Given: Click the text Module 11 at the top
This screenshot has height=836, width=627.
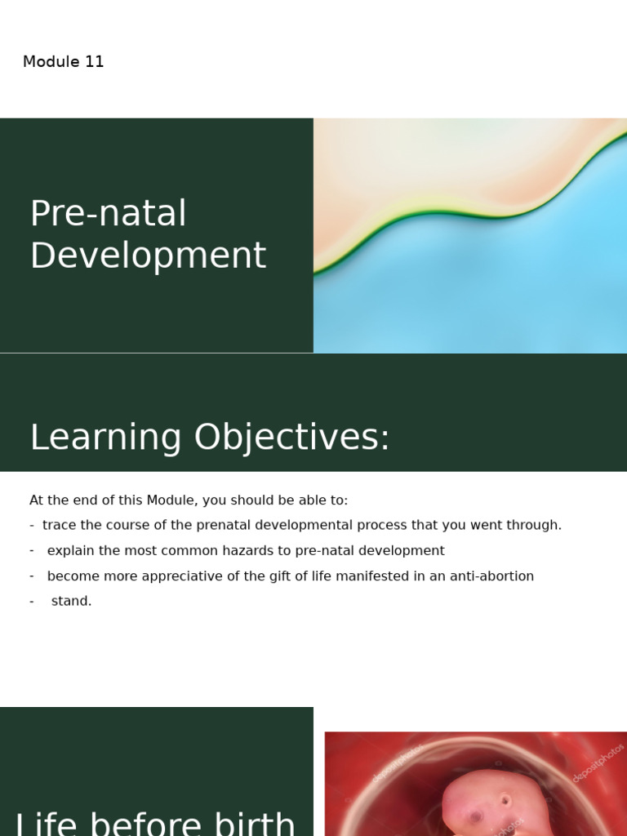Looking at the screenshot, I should tap(63, 62).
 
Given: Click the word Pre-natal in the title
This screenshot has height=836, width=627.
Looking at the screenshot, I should tap(108, 214).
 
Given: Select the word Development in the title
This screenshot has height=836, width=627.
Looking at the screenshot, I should tap(148, 256).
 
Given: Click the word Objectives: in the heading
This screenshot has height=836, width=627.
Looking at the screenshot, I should tap(291, 438).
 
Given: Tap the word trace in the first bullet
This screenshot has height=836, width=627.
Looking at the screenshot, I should tap(58, 525).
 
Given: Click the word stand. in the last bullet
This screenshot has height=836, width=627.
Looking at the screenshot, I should tap(71, 601).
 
